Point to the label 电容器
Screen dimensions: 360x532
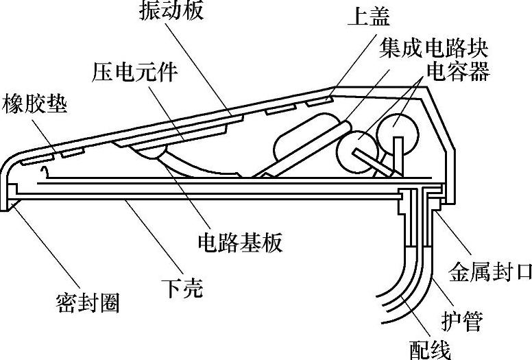coord(458,71)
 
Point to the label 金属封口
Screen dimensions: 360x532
coord(489,272)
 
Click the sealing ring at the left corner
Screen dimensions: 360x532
coord(10,204)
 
